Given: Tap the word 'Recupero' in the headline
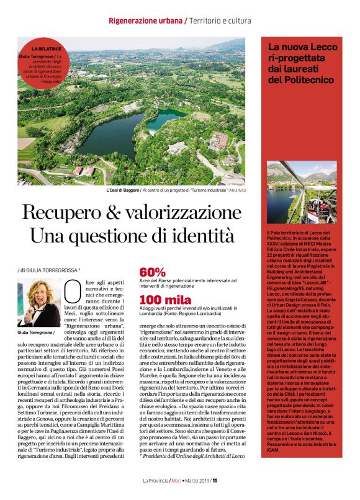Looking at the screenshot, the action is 57,213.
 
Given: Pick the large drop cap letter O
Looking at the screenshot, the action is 73,291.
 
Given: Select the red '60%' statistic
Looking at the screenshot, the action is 153,272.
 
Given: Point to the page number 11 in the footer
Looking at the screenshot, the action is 215,480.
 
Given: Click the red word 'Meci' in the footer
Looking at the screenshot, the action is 178,480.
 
